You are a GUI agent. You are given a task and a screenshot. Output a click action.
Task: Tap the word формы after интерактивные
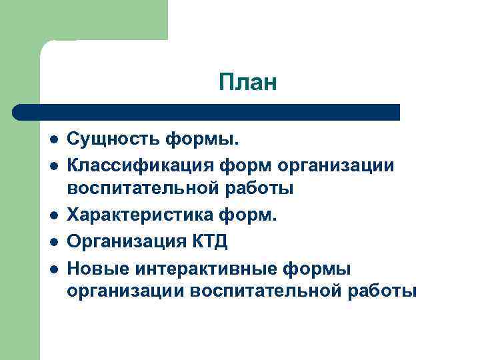click(315, 267)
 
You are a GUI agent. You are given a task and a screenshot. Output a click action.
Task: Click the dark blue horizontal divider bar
click(207, 111)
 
